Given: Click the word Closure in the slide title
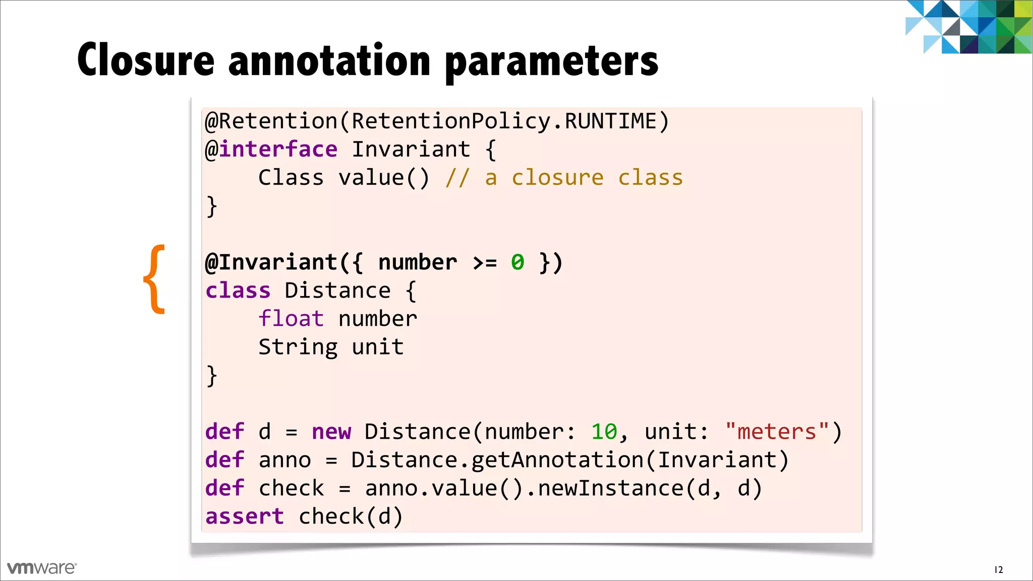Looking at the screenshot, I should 146,61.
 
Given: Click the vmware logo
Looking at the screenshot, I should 42,568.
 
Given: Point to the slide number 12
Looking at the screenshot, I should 998,570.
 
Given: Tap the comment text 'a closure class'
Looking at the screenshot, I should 584,178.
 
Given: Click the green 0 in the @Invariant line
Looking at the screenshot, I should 518,262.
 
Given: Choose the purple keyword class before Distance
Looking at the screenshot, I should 238,291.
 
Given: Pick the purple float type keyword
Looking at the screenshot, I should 291,319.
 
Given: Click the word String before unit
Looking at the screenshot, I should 298,347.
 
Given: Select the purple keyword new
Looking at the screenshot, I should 331,432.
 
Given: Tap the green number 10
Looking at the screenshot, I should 604,432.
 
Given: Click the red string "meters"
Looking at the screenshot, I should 777,432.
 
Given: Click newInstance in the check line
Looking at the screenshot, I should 610,489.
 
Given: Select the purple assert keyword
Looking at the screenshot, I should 245,517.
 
